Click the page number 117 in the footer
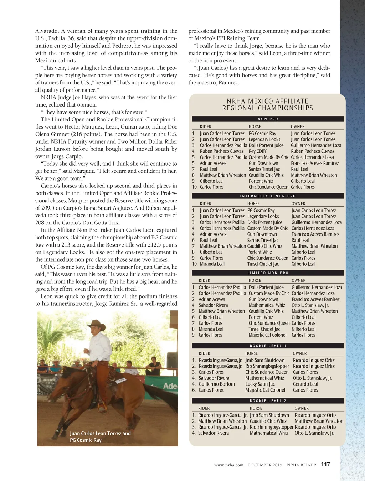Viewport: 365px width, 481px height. coord(325,464)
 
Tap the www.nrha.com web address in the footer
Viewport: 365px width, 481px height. coord(229,465)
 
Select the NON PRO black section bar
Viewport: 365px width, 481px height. coord(268,119)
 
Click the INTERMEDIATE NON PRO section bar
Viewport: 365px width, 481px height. coord(268,196)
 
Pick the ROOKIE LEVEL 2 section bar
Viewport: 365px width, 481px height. coord(268,401)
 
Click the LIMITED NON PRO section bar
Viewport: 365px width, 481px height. coord(268,273)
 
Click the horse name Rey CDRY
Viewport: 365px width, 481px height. coord(258,151)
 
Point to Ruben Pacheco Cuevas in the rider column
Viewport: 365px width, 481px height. coord(221,151)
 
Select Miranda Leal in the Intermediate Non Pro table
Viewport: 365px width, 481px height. coord(212,264)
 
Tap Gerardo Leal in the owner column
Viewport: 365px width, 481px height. coord(305,384)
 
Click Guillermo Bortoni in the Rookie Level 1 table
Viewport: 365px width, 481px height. coord(217,384)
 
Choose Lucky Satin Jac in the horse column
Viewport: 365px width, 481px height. coord(260,384)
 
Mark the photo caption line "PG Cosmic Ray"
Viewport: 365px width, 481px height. coord(86,440)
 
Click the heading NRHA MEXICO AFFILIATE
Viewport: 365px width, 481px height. coord(268,101)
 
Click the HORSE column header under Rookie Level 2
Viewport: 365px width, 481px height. coord(256,408)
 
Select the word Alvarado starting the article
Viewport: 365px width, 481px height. coord(46,31)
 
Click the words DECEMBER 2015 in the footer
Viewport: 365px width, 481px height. coord(265,465)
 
